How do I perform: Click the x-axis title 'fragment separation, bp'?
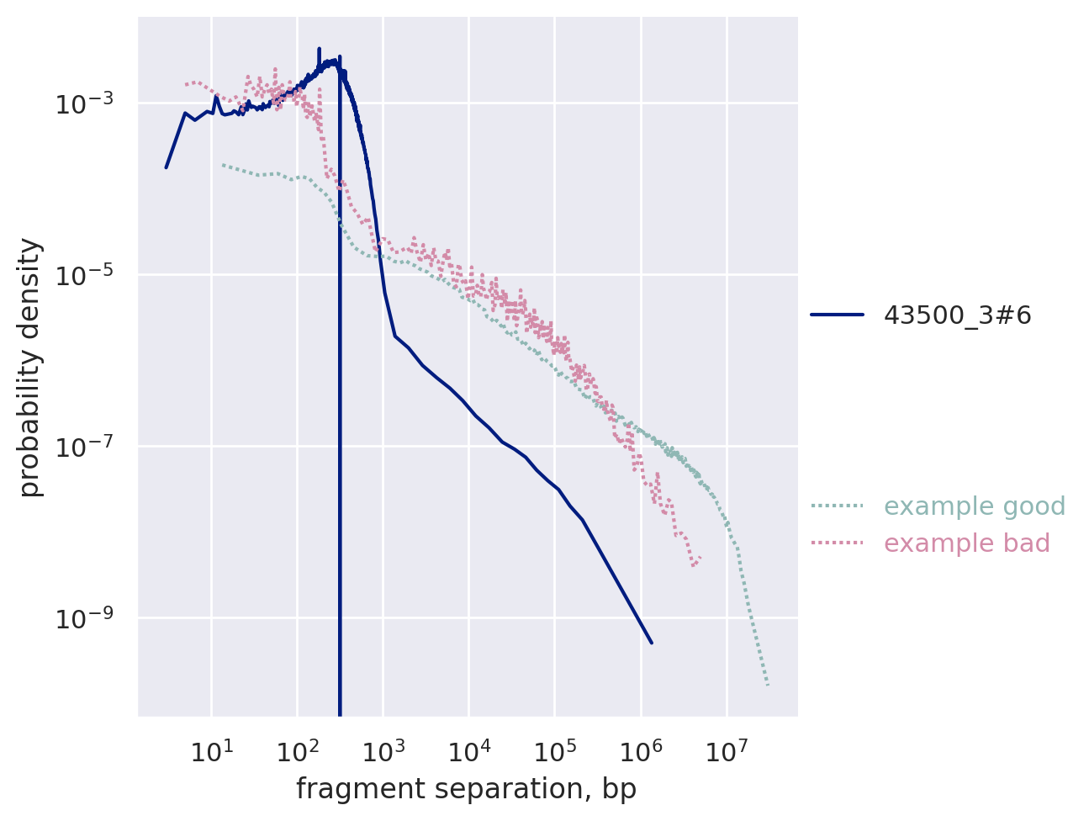[467, 789]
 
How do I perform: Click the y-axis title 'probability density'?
[30, 367]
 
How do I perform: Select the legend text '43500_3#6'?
[957, 315]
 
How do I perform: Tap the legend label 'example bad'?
[967, 543]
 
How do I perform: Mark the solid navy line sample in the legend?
[838, 315]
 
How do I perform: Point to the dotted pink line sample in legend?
[838, 543]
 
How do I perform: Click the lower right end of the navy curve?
[652, 643]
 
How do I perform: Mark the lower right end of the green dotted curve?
[769, 685]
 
